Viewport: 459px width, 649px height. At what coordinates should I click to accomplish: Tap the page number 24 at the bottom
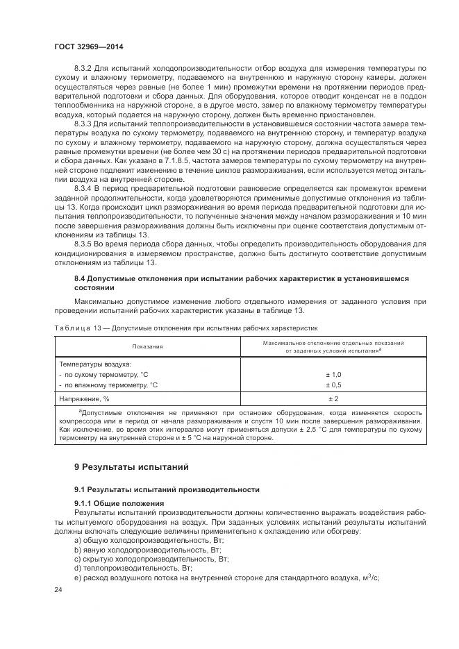(x=58, y=590)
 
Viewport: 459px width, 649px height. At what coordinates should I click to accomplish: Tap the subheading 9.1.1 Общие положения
(x=119, y=503)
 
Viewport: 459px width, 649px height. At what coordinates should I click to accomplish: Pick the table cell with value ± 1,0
(x=333, y=374)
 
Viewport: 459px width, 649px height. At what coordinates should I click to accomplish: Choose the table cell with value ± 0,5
(x=333, y=384)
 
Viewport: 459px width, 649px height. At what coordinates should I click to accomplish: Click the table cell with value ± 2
(x=333, y=399)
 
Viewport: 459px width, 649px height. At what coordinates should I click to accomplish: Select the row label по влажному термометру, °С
(x=109, y=384)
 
